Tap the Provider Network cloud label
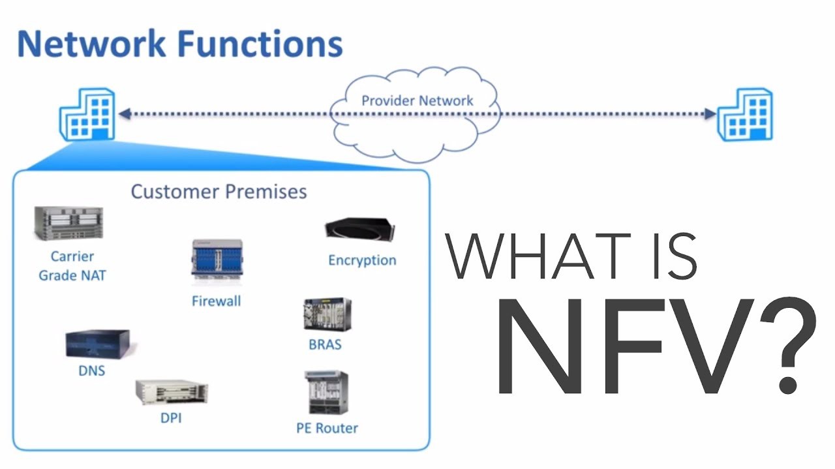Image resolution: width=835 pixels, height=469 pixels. pyautogui.click(x=417, y=100)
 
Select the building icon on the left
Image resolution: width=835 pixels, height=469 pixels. pyautogui.click(x=87, y=114)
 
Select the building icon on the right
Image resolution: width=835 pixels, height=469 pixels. pyautogui.click(x=745, y=114)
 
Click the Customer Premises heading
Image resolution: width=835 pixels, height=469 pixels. pyautogui.click(x=219, y=192)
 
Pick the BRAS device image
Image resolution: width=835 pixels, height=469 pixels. pyautogui.click(x=326, y=315)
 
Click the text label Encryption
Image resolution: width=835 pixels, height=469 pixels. pyautogui.click(x=362, y=260)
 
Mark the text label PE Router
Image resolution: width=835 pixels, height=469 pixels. pyautogui.click(x=327, y=428)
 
